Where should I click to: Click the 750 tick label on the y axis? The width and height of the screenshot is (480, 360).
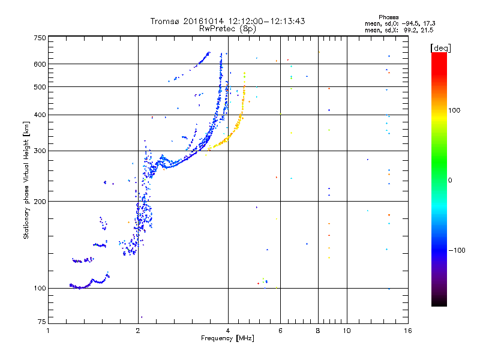(40, 38)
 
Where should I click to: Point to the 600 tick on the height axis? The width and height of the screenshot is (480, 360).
(40, 64)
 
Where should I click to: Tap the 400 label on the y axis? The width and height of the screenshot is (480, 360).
(40, 115)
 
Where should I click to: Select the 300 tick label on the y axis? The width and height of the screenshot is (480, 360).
(40, 151)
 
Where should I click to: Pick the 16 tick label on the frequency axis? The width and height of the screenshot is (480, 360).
(406, 331)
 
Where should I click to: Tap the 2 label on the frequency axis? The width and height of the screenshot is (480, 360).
(138, 331)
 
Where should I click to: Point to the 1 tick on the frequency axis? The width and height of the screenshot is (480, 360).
(49, 331)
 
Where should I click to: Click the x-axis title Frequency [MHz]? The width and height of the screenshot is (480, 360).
(227, 339)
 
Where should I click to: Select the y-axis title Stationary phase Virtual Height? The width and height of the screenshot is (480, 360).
(26, 181)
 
